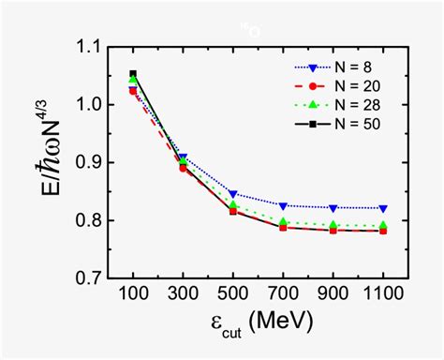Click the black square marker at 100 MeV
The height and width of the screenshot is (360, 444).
(133, 73)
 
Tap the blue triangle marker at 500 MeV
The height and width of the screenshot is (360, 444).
(232, 194)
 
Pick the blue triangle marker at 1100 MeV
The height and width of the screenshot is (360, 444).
(383, 208)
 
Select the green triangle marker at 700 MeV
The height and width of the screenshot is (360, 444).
(283, 222)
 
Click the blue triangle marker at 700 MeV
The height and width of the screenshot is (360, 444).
(283, 205)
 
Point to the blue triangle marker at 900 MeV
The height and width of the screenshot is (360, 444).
(333, 207)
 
